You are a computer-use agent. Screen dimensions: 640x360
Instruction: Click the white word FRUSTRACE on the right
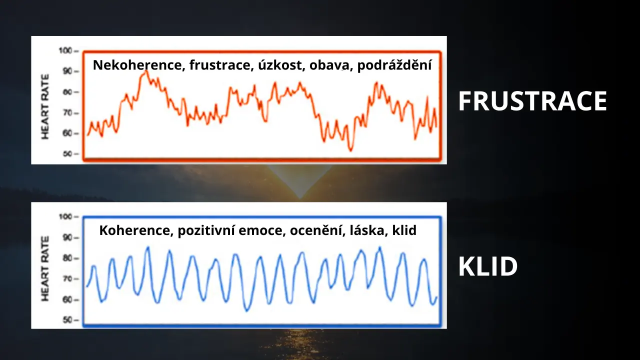tap(532, 101)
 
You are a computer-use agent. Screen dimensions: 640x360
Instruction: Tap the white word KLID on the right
tap(488, 266)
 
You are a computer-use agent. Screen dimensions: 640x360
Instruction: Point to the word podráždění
tap(394, 65)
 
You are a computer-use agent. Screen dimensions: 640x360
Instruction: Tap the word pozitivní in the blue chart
tap(206, 231)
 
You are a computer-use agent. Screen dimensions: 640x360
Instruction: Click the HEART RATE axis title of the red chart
tap(45, 106)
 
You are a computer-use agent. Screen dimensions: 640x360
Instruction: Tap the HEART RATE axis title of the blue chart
tap(45, 268)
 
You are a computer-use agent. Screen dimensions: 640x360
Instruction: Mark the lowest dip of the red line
tap(350, 150)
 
